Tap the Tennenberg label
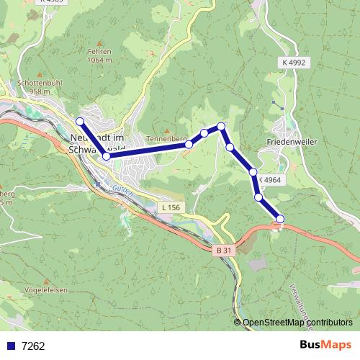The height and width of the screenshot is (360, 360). pyautogui.click(x=166, y=138)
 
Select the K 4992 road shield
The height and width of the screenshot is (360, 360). pyautogui.click(x=294, y=63)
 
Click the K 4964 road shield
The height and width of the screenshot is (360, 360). pyautogui.click(x=269, y=179)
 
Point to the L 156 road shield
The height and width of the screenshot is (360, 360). pyautogui.click(x=171, y=207)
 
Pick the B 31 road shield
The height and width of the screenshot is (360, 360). pyautogui.click(x=224, y=250)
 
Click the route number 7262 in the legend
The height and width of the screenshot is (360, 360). pyautogui.click(x=33, y=346)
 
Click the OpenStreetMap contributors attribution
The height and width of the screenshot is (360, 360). pyautogui.click(x=297, y=323)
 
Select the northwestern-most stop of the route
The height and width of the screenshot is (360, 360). pyautogui.click(x=80, y=122)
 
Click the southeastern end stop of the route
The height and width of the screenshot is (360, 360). pyautogui.click(x=280, y=219)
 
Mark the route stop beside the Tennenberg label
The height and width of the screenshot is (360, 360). pyautogui.click(x=189, y=145)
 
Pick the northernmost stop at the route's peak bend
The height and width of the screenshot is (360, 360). pyautogui.click(x=222, y=127)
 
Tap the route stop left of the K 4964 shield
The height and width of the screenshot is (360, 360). pyautogui.click(x=253, y=171)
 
